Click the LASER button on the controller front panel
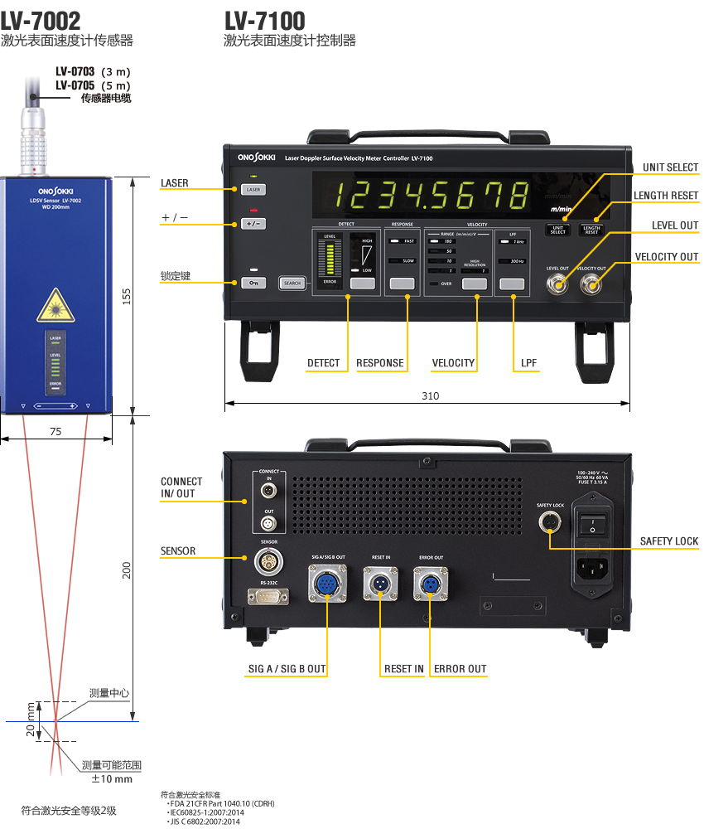point(253,190)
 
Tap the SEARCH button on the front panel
point(292,283)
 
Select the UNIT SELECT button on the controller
point(558,230)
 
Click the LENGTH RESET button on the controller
point(591,230)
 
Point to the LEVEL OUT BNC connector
point(558,286)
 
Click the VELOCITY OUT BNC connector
point(591,286)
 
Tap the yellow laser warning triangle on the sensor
point(55,306)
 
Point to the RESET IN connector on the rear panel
point(381,584)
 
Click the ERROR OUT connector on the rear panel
point(431,584)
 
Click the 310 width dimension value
point(430,396)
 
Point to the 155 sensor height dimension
point(127,296)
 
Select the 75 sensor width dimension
point(55,432)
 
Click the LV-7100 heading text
point(264,20)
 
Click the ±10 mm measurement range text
point(112,779)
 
